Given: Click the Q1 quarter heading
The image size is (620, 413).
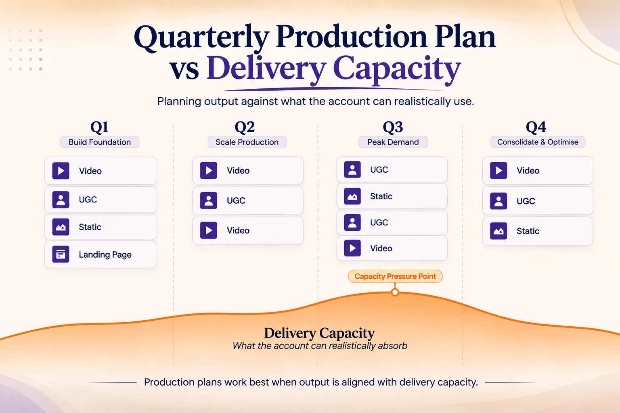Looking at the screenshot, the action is (x=99, y=127).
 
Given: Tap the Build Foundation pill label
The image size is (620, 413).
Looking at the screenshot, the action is (x=100, y=142).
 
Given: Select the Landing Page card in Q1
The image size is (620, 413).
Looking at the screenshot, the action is (x=101, y=254).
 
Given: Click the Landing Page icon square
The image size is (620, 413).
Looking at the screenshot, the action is (x=61, y=254).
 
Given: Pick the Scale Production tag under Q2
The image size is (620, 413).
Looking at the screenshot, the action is (x=247, y=142).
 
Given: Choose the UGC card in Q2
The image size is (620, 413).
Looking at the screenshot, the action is (x=248, y=200).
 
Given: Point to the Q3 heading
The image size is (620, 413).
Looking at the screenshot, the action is (x=393, y=127).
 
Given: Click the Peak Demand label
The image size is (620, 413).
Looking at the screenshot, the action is (x=393, y=142).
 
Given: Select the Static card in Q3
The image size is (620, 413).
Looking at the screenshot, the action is (x=392, y=196).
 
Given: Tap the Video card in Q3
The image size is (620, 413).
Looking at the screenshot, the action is (x=392, y=248).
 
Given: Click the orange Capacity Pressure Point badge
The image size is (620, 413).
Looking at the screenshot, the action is (x=395, y=276).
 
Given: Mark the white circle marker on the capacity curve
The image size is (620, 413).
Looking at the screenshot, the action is (x=395, y=292).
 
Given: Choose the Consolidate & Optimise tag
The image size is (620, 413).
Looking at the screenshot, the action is (x=538, y=142).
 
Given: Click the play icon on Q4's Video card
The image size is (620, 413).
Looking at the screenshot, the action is (x=499, y=170).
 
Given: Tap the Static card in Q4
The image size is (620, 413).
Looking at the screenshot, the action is (x=538, y=231).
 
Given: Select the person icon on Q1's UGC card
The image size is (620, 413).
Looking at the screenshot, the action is (x=61, y=200).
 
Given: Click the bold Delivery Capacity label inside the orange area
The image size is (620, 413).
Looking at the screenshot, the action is (x=319, y=333).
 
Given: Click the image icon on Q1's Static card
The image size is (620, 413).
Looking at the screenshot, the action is (x=61, y=227).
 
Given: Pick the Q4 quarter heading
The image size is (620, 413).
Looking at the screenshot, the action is (x=536, y=127).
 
